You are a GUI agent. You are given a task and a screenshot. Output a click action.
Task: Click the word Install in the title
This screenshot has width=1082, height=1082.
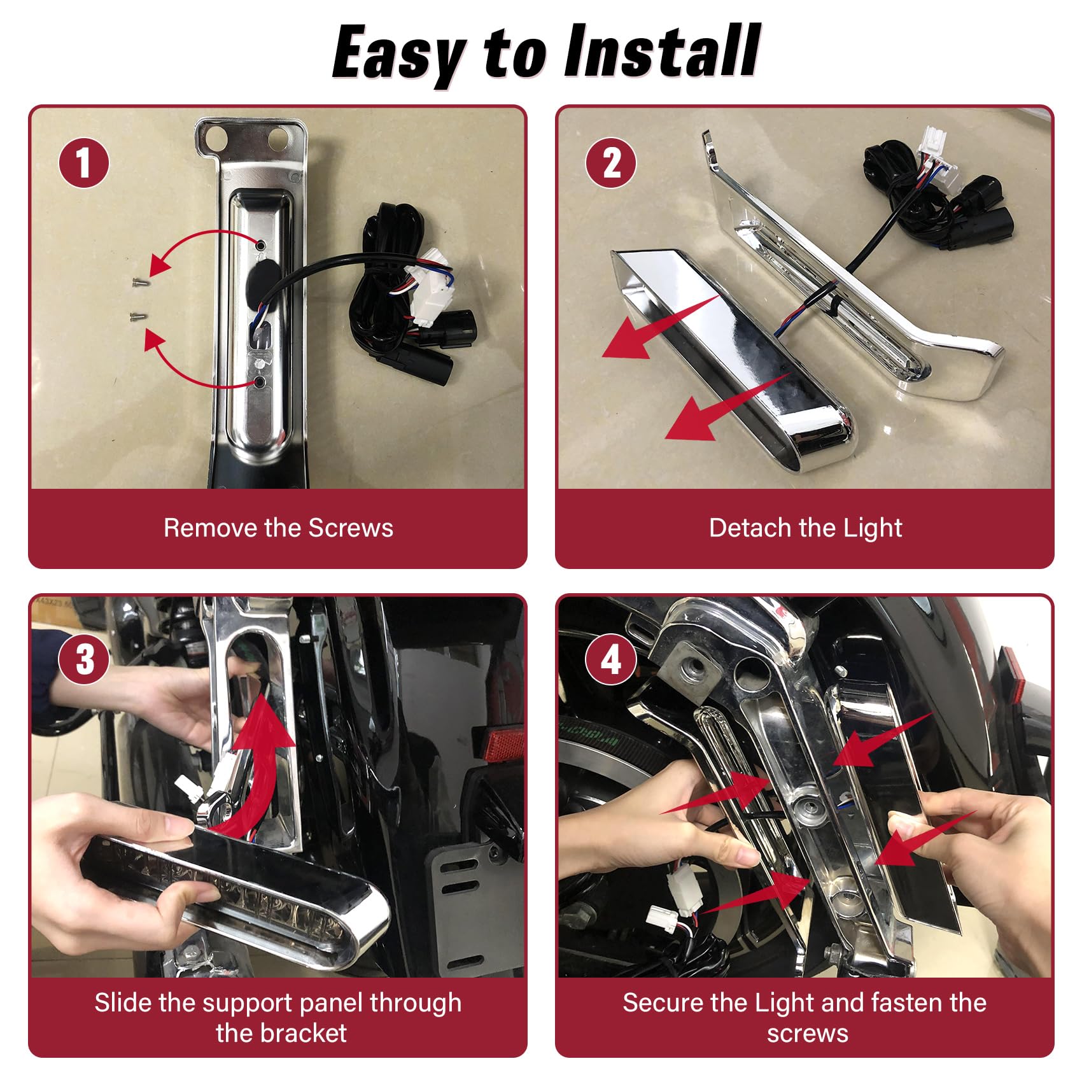click(662, 51)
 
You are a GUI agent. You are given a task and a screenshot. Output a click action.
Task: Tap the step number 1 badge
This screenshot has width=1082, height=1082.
click(84, 163)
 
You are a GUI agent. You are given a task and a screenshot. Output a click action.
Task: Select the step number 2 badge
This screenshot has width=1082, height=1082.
click(611, 163)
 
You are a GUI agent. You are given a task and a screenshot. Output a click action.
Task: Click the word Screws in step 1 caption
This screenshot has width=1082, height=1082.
click(351, 528)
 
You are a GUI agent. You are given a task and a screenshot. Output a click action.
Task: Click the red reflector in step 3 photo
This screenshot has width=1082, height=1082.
click(503, 743)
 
